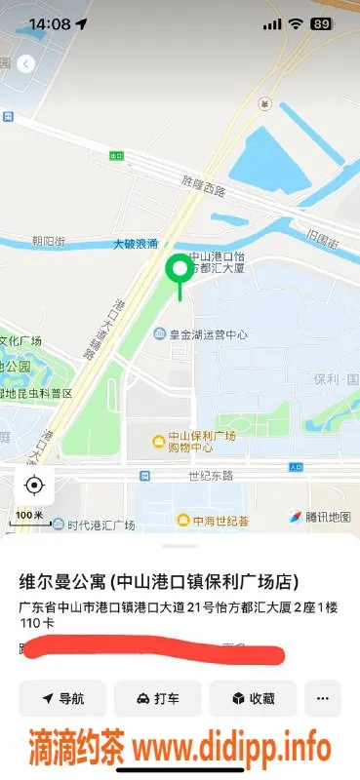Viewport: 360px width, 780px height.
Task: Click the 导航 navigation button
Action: click(62, 698)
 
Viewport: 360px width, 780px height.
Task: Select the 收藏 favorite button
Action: click(253, 698)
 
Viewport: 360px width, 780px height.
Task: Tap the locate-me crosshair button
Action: click(34, 485)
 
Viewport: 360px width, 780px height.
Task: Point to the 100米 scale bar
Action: click(30, 521)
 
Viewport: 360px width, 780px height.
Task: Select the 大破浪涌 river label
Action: click(135, 244)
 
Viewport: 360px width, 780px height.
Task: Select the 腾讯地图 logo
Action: click(319, 517)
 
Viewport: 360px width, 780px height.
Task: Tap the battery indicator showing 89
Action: click(320, 23)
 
